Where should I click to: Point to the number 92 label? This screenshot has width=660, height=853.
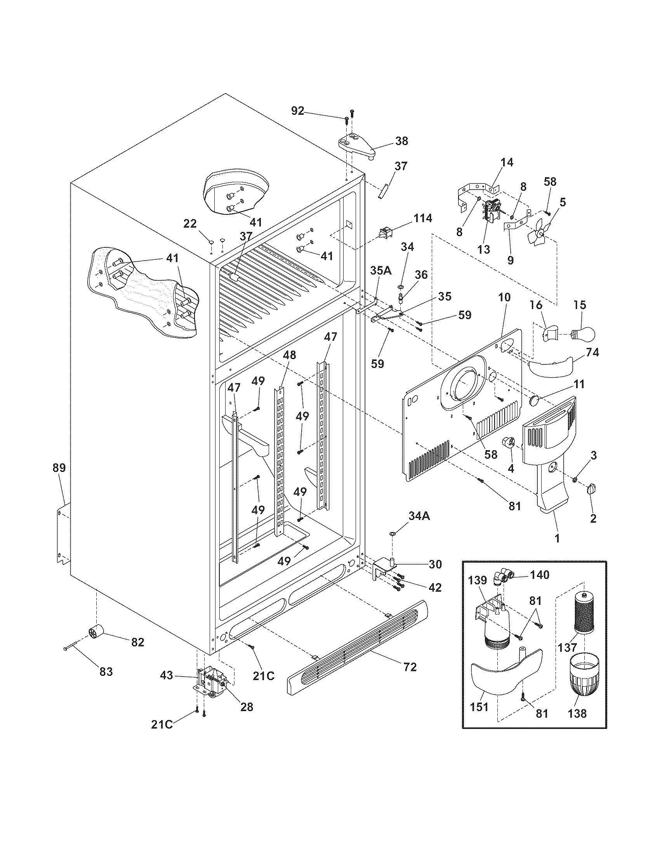point(297,111)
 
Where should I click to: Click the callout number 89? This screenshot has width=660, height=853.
point(59,468)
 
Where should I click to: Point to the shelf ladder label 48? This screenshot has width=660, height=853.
point(290,355)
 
